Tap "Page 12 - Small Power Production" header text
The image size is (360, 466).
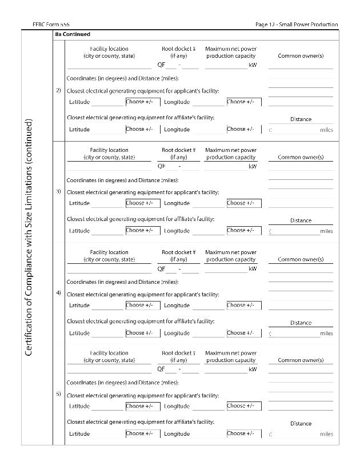[297, 25]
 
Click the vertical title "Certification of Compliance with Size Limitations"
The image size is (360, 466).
[29, 237]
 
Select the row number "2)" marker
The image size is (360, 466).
[58, 90]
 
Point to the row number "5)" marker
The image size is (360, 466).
[58, 394]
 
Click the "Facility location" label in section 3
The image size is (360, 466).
[109, 150]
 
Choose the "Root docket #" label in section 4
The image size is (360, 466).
[178, 252]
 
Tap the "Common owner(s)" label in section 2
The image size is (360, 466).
[301, 56]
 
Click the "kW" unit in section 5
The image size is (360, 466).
[253, 369]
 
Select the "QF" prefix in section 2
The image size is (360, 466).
[161, 65]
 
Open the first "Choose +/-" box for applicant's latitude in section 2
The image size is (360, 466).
[143, 102]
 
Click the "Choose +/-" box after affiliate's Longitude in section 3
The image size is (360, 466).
[244, 231]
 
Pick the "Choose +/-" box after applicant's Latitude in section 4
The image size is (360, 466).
[143, 306]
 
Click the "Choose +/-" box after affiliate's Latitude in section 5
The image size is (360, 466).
[143, 433]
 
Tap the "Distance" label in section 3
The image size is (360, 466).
[301, 220]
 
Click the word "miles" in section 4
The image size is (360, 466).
[326, 333]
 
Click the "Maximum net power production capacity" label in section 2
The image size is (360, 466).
[231, 53]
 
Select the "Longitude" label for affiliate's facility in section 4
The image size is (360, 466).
[177, 333]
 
